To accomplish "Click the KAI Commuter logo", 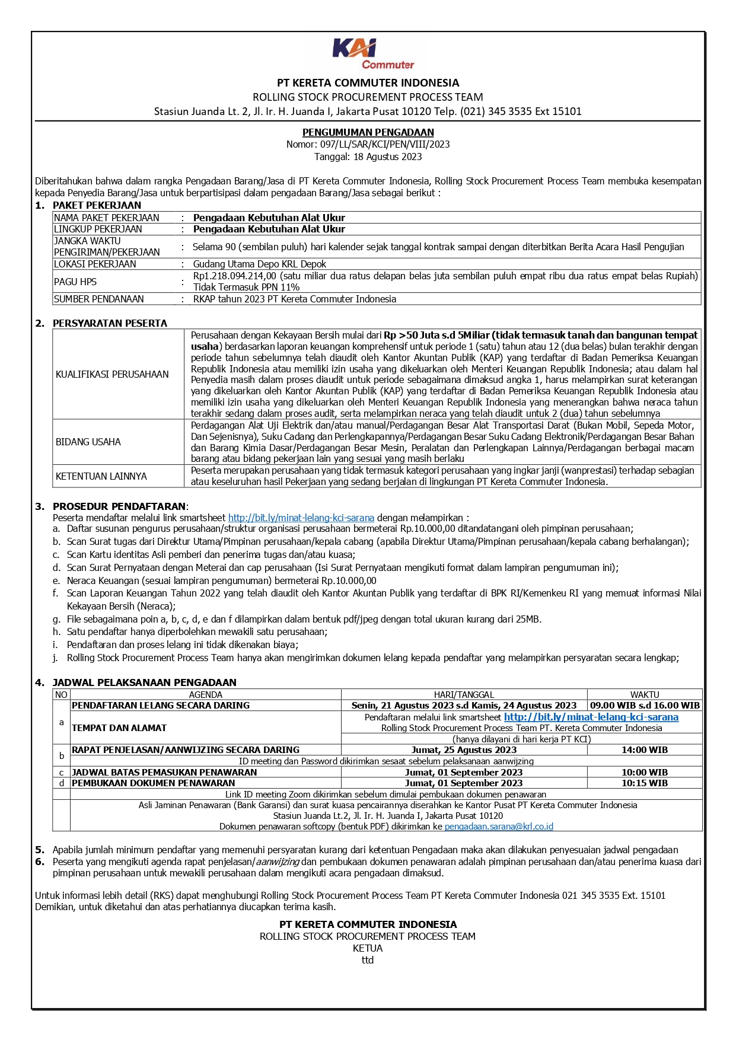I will pos(372,54).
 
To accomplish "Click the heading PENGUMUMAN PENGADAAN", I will pos(368,132).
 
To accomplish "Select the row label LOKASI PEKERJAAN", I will pos(95,264).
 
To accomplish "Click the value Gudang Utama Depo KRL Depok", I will pos(260,264).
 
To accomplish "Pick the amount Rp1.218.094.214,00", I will pos(235,276).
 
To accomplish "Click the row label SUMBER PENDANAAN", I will pos(99,299).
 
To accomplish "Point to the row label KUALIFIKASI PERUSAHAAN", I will pos(112,374).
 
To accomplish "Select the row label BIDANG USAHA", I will pos(88,442).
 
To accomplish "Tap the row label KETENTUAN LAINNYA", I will pos(101,476).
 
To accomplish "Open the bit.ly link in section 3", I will pos(301,518).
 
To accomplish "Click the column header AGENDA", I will pos(206,694).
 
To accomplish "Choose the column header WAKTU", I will pos(645,694).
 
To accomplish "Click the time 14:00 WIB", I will pos(645,750).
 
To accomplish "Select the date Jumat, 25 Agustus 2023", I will pos(464,750).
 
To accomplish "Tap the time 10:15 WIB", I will pos(645,783).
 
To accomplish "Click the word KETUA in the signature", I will pos(368,948).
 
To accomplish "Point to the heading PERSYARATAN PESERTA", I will pos(110,323).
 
